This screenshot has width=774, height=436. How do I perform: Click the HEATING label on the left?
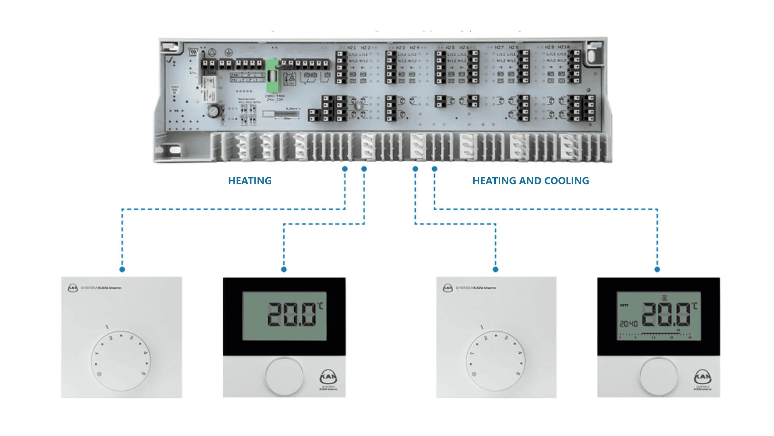pyautogui.click(x=250, y=181)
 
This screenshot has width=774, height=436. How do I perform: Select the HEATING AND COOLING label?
pyautogui.click(x=531, y=181)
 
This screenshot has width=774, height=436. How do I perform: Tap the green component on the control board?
pyautogui.click(x=272, y=76)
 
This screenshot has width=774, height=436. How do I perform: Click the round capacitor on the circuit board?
pyautogui.click(x=214, y=110)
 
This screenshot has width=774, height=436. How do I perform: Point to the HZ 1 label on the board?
pyautogui.click(x=352, y=48)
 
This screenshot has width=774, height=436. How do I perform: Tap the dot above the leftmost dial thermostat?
pyautogui.click(x=122, y=269)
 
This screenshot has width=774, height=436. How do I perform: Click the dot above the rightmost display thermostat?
pyautogui.click(x=657, y=269)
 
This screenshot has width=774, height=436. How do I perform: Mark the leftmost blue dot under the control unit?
pyautogui.click(x=345, y=169)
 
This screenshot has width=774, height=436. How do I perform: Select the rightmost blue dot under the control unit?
pyautogui.click(x=435, y=169)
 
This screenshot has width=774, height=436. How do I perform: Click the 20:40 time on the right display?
pyautogui.click(x=628, y=324)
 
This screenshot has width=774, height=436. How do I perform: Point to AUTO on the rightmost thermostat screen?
pyautogui.click(x=624, y=305)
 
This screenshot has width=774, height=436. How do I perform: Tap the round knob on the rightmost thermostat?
pyautogui.click(x=659, y=376)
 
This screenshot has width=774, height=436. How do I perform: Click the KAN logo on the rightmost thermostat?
pyautogui.click(x=703, y=377)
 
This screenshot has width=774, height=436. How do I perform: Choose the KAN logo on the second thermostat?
pyautogui.click(x=328, y=377)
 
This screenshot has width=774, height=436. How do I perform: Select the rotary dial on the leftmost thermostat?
pyautogui.click(x=121, y=361)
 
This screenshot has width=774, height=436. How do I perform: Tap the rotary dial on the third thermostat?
pyautogui.click(x=496, y=361)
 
